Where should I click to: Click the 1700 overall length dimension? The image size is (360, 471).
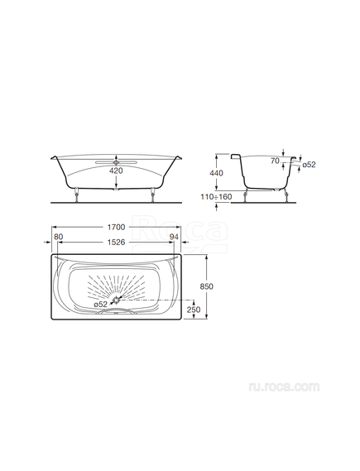116,228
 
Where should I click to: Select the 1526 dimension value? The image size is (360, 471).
116,242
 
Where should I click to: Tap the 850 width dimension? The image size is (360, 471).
207,286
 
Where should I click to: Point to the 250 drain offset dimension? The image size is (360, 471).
194,310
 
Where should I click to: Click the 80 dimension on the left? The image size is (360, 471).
58,237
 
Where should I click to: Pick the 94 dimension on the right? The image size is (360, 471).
174,237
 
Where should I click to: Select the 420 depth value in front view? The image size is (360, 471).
116,171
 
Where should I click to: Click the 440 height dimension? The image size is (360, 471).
217,173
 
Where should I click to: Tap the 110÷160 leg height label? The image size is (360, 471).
217,197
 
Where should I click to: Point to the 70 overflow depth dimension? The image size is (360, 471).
275,161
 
